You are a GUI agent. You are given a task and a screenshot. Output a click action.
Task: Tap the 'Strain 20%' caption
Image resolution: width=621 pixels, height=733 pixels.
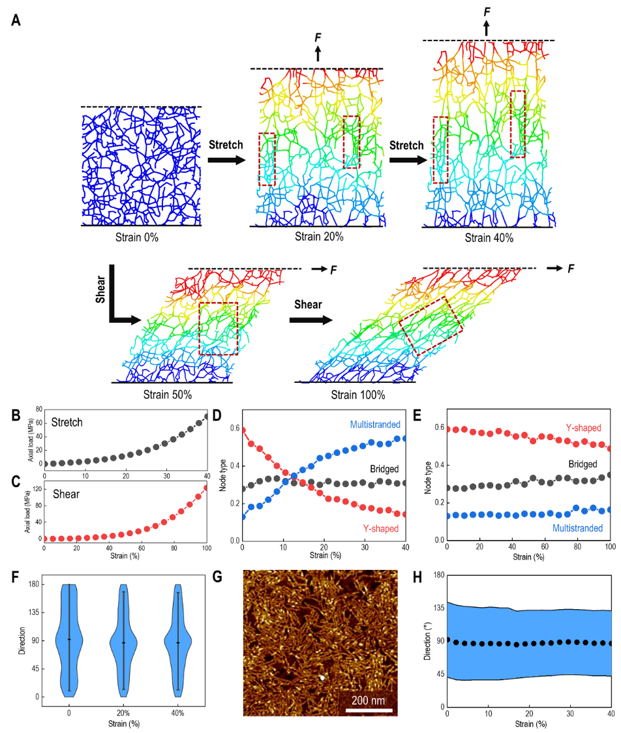[319, 236]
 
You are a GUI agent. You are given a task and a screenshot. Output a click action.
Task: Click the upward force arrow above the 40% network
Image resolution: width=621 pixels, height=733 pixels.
[486, 27]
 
